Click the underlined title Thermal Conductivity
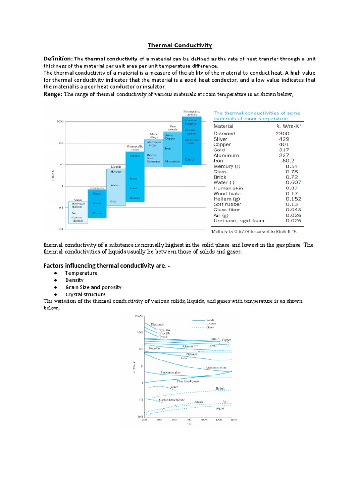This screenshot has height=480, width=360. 180,45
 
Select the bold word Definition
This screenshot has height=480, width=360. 57,59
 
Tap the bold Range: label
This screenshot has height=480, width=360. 52,94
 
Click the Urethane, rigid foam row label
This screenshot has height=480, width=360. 239,220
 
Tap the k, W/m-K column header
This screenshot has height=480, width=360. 286,126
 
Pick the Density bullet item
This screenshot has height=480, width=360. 75,280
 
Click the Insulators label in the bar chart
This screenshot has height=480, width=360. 97,188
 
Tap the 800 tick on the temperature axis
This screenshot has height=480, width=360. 189,420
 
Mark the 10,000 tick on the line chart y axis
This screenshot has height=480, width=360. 138,316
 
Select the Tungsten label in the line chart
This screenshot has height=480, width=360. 155,349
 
